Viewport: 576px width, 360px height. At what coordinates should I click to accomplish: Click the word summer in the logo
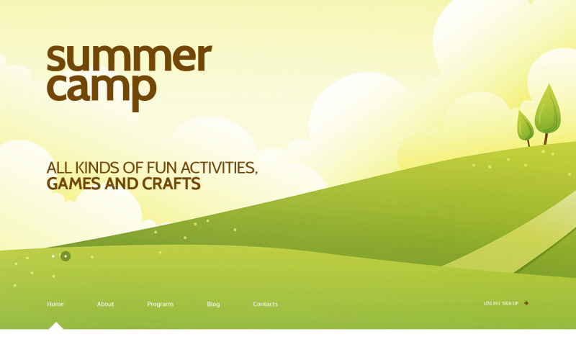pos(129,59)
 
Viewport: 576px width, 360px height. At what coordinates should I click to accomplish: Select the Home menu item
pos(55,304)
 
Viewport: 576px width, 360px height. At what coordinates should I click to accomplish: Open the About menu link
pos(105,304)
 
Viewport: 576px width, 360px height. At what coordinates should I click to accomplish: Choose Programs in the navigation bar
pos(160,304)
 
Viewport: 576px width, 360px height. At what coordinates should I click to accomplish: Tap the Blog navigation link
pos(213,304)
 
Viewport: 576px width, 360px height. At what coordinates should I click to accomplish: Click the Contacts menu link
pos(265,304)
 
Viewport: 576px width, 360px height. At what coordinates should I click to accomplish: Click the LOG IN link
pos(490,303)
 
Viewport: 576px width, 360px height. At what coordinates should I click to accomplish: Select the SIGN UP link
pos(510,303)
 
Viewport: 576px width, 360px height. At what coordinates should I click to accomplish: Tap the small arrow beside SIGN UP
pos(526,303)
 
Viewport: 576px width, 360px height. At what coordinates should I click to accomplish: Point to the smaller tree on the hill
pos(525,125)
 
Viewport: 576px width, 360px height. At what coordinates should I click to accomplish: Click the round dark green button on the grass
pos(66,256)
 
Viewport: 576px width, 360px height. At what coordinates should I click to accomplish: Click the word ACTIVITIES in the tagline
pos(218,168)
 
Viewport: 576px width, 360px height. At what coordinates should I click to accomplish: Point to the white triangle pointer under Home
pos(55,325)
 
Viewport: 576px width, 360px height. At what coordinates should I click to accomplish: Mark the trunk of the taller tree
pos(546,138)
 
